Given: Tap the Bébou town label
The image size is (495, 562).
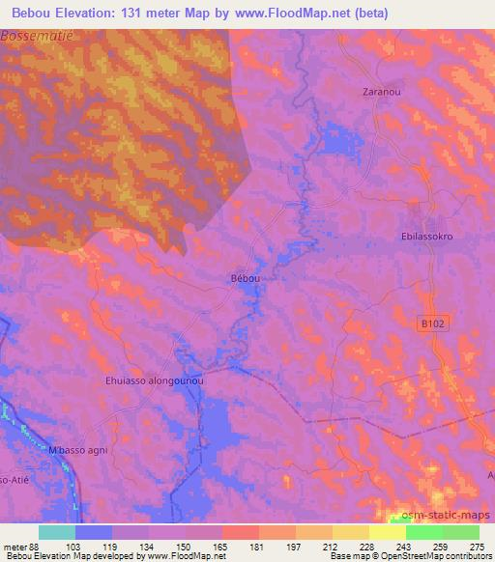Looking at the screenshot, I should pyautogui.click(x=246, y=278).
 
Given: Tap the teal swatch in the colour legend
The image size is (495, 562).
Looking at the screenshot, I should pyautogui.click(x=56, y=532).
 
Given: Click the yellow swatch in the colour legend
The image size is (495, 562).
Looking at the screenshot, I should pyautogui.click(x=387, y=532).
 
